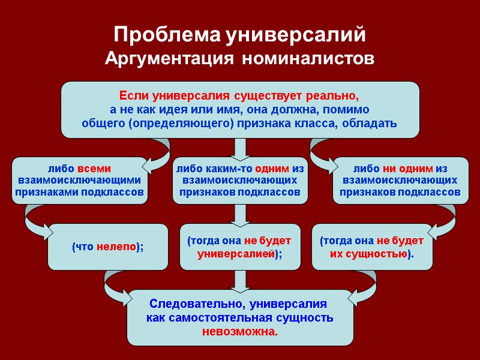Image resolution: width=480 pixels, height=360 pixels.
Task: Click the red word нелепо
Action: [x=116, y=247]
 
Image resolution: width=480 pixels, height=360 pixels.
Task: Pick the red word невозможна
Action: [x=240, y=331]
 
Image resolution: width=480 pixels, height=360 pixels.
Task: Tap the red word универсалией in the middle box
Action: [x=236, y=254]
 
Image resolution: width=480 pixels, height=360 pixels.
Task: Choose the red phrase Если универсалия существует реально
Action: [x=239, y=96]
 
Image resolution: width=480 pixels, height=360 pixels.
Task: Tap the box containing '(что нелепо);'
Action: [x=108, y=247]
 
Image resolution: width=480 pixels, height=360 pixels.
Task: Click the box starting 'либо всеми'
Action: [x=80, y=181]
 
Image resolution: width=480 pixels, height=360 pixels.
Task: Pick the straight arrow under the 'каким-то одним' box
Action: [x=240, y=214]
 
